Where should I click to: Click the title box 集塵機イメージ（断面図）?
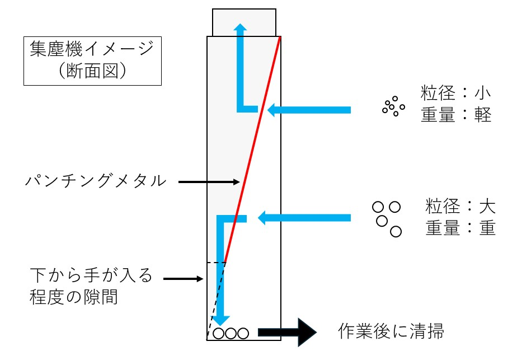tap(92, 61)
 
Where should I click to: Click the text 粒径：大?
tap(460, 206)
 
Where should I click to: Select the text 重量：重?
tap(460, 228)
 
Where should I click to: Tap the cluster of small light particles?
tap(394, 105)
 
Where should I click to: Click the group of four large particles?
tap(387, 218)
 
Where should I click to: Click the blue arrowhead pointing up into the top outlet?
tap(241, 29)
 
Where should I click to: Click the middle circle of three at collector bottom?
tap(231, 333)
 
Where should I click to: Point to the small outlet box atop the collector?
tap(244, 22)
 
